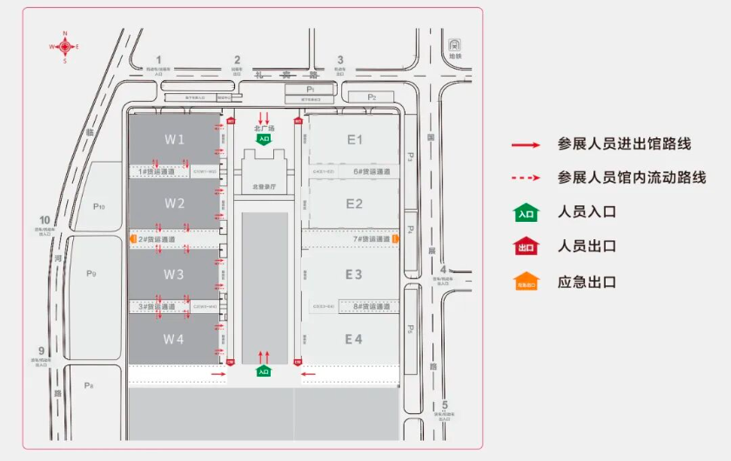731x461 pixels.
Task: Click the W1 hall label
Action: (175, 139)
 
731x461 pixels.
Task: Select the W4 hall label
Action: (175, 338)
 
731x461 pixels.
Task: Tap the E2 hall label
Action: (354, 204)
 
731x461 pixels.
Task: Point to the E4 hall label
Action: (353, 338)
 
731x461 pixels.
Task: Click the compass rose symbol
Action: (64, 47)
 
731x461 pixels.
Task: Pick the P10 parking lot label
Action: (98, 206)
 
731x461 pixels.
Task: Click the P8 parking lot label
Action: (89, 384)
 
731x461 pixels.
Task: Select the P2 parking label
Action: (372, 97)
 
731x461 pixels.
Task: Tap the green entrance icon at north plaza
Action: (263, 138)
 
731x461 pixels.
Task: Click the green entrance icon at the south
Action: (263, 371)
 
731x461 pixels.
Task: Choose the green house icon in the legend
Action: (526, 211)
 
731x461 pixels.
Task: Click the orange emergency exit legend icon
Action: (526, 282)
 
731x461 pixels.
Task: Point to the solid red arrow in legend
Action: (526, 144)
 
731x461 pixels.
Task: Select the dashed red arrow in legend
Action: (526, 177)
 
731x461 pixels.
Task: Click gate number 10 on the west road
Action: (44, 220)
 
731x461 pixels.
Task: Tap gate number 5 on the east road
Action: (444, 405)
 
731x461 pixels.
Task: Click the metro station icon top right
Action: (453, 44)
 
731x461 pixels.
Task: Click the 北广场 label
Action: (264, 129)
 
